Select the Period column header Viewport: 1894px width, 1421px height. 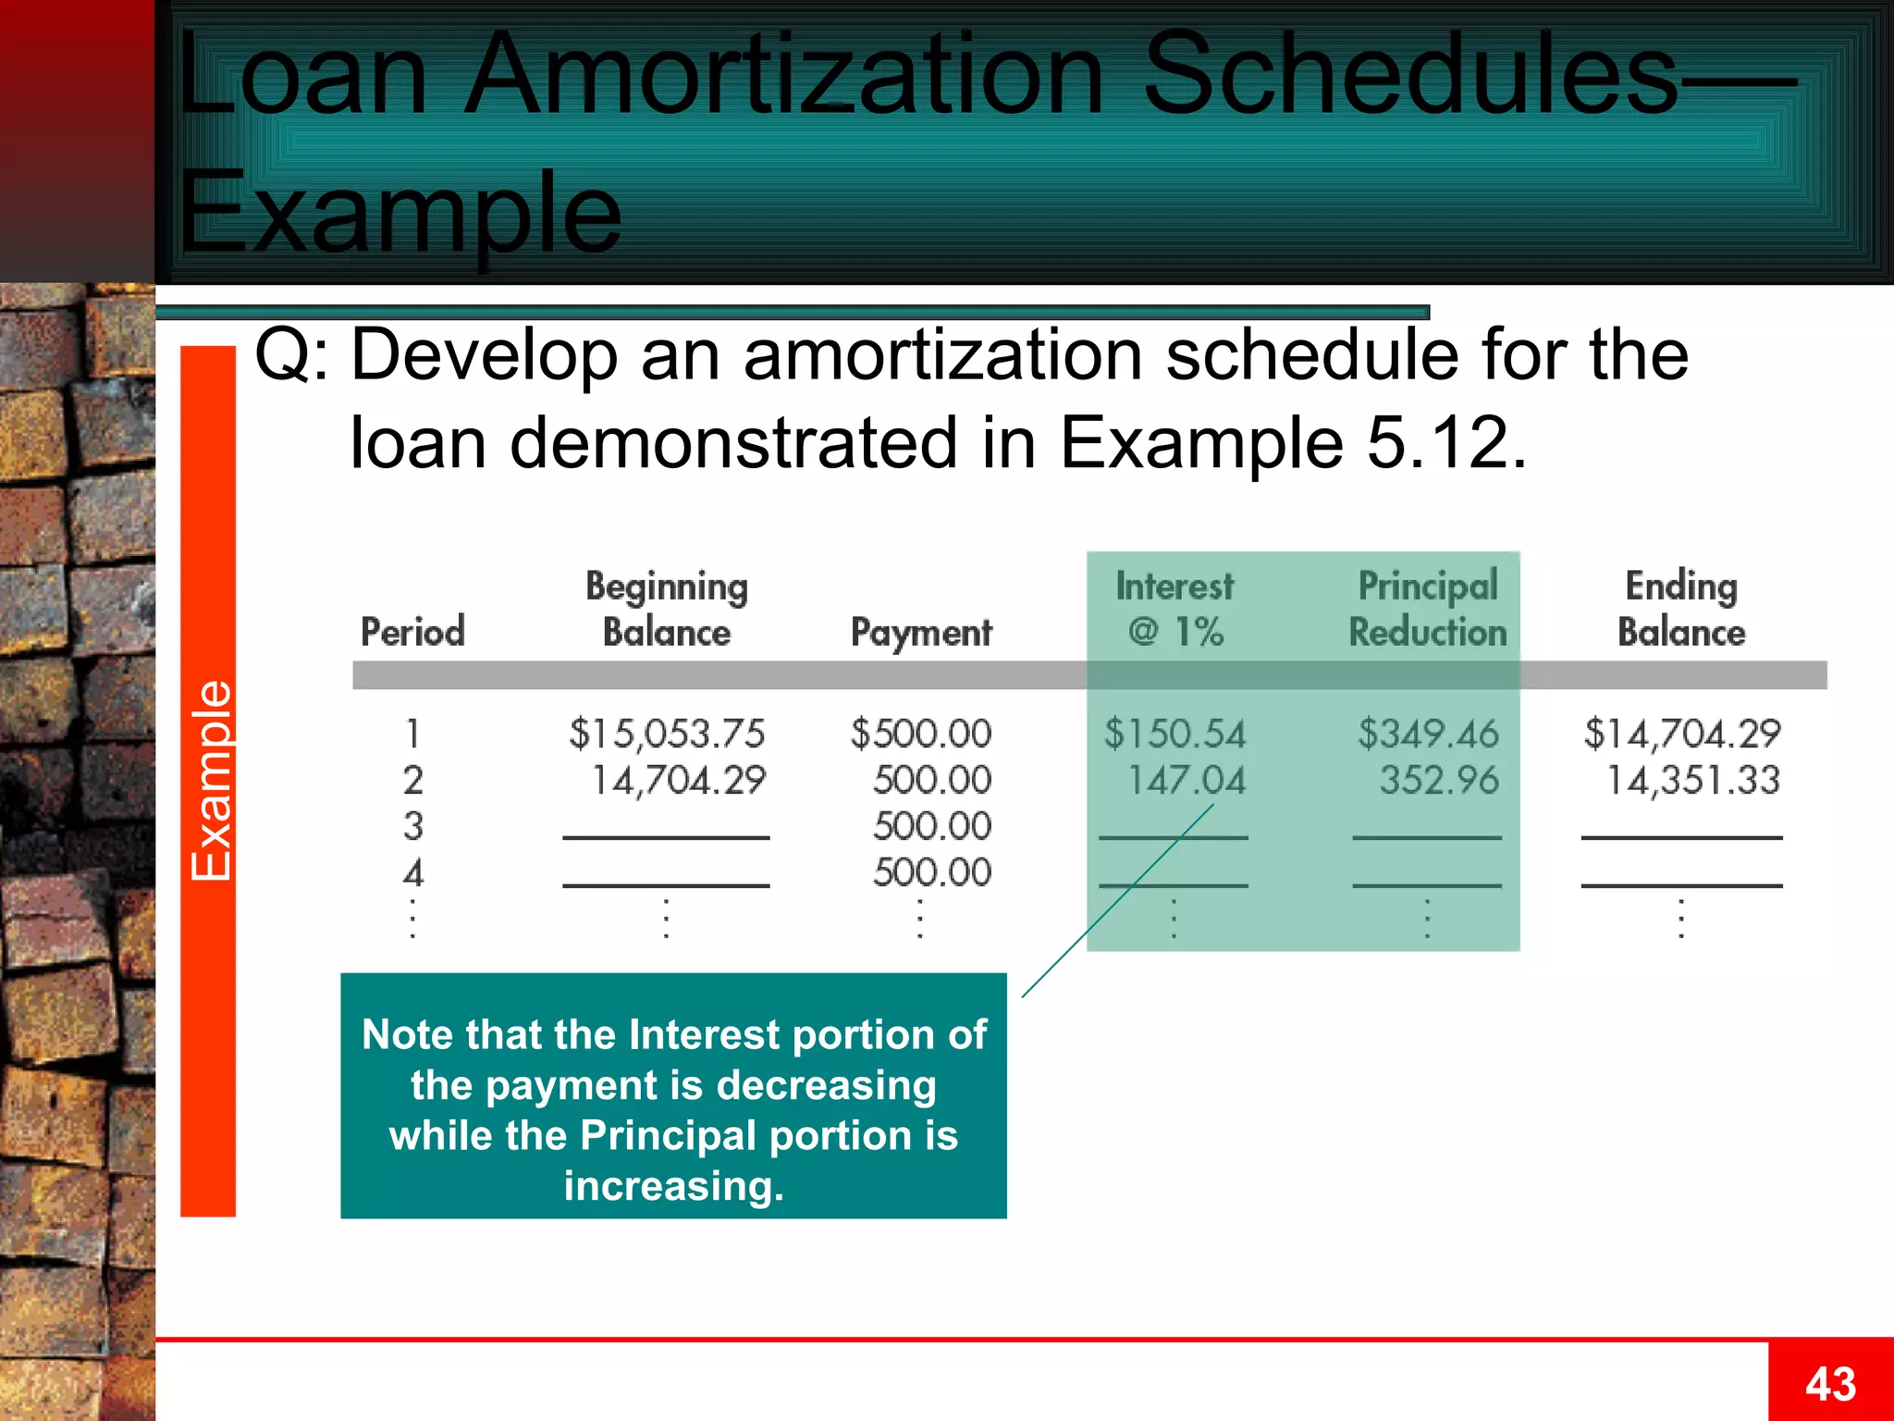tap(412, 632)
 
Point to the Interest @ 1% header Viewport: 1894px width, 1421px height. tap(1175, 610)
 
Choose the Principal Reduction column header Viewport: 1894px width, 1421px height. tap(1428, 610)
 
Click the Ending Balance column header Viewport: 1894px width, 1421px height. tap(1681, 610)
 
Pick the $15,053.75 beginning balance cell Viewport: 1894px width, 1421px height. tap(667, 734)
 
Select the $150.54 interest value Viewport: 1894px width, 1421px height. tap(1175, 734)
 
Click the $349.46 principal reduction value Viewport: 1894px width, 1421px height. tap(1428, 734)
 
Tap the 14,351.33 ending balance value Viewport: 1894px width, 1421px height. tap(1692, 781)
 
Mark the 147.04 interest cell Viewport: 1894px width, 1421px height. tap(1186, 781)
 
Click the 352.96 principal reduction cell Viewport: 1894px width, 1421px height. tap(1439, 781)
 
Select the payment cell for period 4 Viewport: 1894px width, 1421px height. tap(932, 872)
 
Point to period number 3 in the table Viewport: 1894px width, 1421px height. tap(413, 826)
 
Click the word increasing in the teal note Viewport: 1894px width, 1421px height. tap(673, 1186)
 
